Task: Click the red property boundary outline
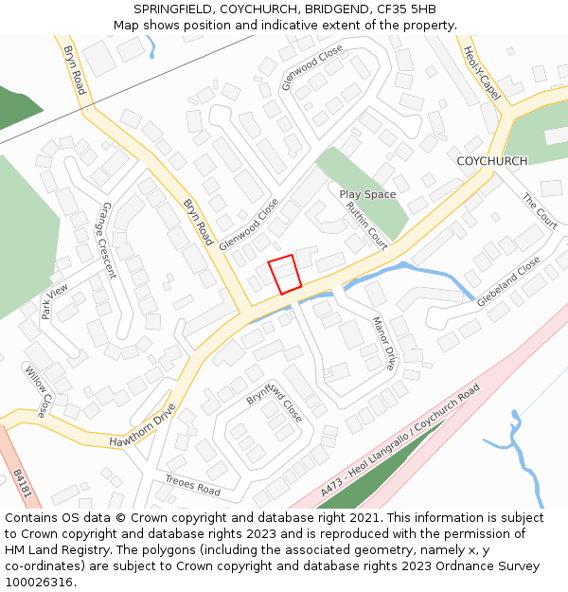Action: click(x=285, y=275)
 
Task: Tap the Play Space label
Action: click(x=367, y=194)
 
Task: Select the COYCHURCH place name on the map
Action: click(x=491, y=161)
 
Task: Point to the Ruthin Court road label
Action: click(x=366, y=225)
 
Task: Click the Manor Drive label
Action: click(x=383, y=343)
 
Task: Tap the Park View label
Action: click(x=55, y=301)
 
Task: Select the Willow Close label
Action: click(x=36, y=392)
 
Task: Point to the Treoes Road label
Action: click(x=192, y=485)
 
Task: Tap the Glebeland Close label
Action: click(x=508, y=281)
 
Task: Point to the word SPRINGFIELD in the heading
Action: click(x=180, y=9)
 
